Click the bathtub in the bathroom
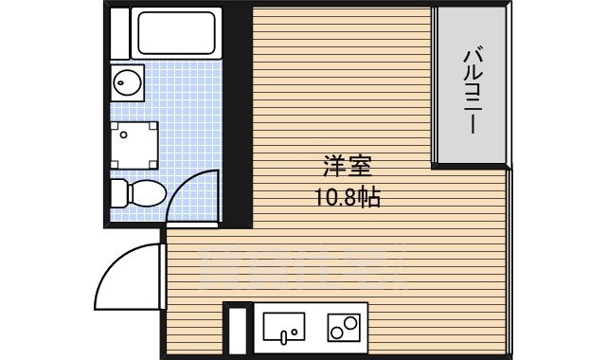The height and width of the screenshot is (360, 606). pos(179,32)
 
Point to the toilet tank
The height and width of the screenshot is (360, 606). pos(118,194)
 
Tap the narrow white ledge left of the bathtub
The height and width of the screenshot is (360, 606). pos(118,32)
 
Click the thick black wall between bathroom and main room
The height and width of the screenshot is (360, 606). pos(238,114)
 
